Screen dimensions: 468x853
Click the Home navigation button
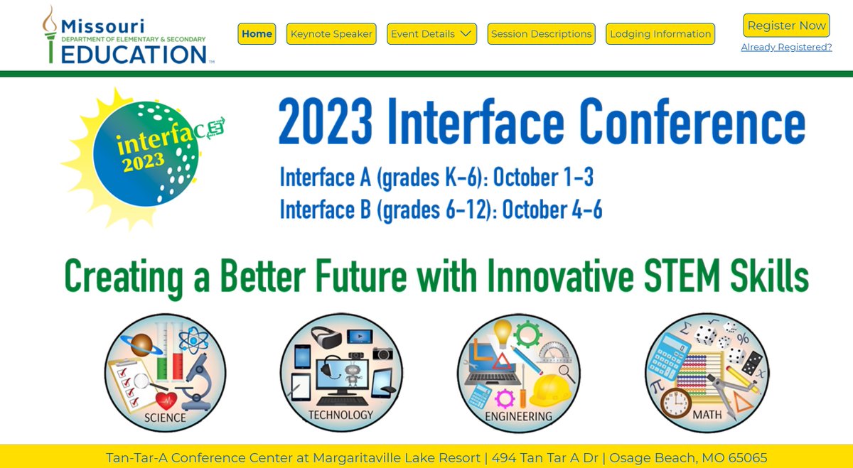click(257, 33)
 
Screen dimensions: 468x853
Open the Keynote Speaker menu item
click(331, 33)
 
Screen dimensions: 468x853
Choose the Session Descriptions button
click(541, 33)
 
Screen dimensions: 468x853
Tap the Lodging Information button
click(660, 33)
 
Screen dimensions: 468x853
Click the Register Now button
click(786, 26)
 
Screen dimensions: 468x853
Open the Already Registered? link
click(786, 47)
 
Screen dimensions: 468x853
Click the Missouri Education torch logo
click(50, 36)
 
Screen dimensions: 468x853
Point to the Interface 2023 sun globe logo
click(146, 153)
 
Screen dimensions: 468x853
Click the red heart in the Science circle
click(168, 401)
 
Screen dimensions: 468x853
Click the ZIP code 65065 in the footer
click(744, 457)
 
